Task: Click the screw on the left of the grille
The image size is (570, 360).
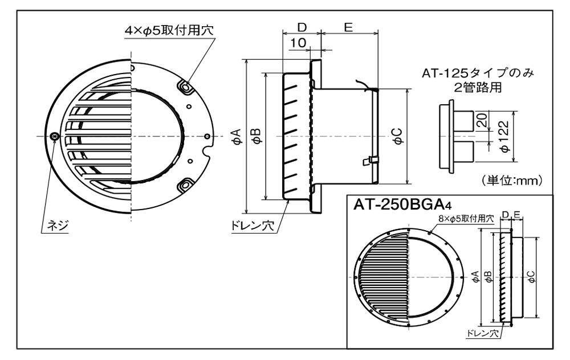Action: [54, 136]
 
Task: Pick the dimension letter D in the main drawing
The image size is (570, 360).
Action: [302, 27]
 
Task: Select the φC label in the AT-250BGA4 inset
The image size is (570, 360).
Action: [531, 276]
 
